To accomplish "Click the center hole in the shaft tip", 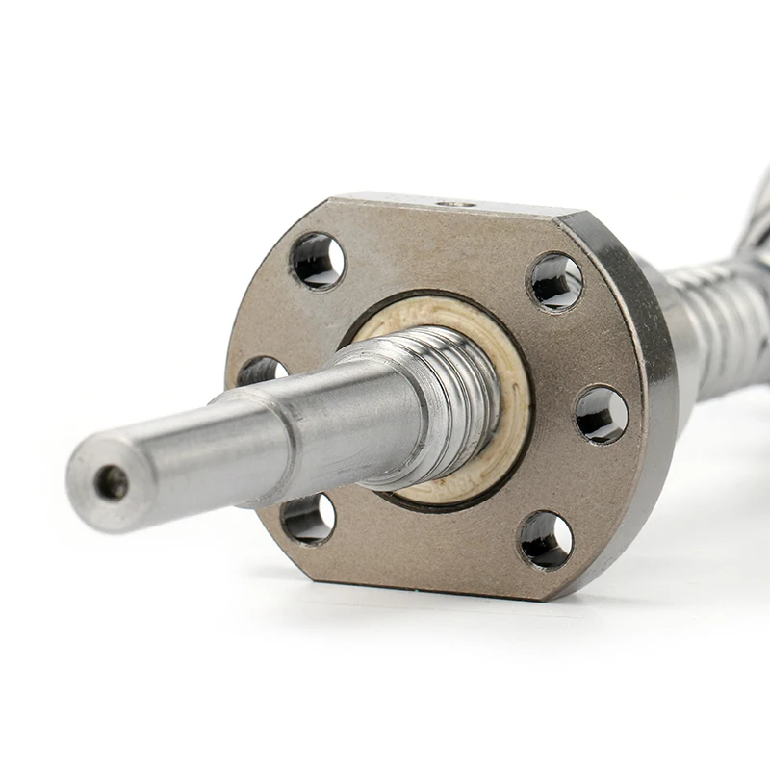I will click(112, 482).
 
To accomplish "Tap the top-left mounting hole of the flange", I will click(317, 261).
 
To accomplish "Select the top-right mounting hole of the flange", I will click(556, 281).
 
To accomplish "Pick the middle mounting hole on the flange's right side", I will click(602, 415).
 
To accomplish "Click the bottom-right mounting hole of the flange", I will click(546, 539).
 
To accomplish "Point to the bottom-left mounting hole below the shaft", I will click(308, 519).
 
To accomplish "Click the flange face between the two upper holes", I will click(433, 255).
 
